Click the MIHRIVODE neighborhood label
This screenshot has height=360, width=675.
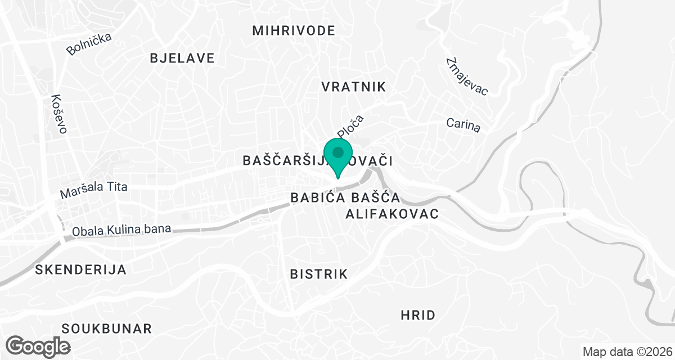click(293, 30)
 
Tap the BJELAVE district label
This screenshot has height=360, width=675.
click(182, 58)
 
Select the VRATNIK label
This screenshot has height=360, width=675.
click(353, 87)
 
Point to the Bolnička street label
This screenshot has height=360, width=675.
click(89, 44)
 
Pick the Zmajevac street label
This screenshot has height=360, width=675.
click(466, 76)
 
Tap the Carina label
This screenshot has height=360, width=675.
click(463, 125)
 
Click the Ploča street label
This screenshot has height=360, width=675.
click(351, 126)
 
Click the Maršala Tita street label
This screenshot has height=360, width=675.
click(94, 191)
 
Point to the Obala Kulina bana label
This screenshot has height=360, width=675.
click(121, 229)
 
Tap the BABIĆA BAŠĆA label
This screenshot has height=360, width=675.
click(345, 198)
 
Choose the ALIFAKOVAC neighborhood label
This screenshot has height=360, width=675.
click(391, 214)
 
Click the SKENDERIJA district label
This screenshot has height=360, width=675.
click(80, 269)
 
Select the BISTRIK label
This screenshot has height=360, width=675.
click(318, 274)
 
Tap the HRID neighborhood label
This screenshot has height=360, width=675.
click(418, 315)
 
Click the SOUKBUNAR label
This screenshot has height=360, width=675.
click(107, 328)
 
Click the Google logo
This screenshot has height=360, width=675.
click(38, 345)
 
